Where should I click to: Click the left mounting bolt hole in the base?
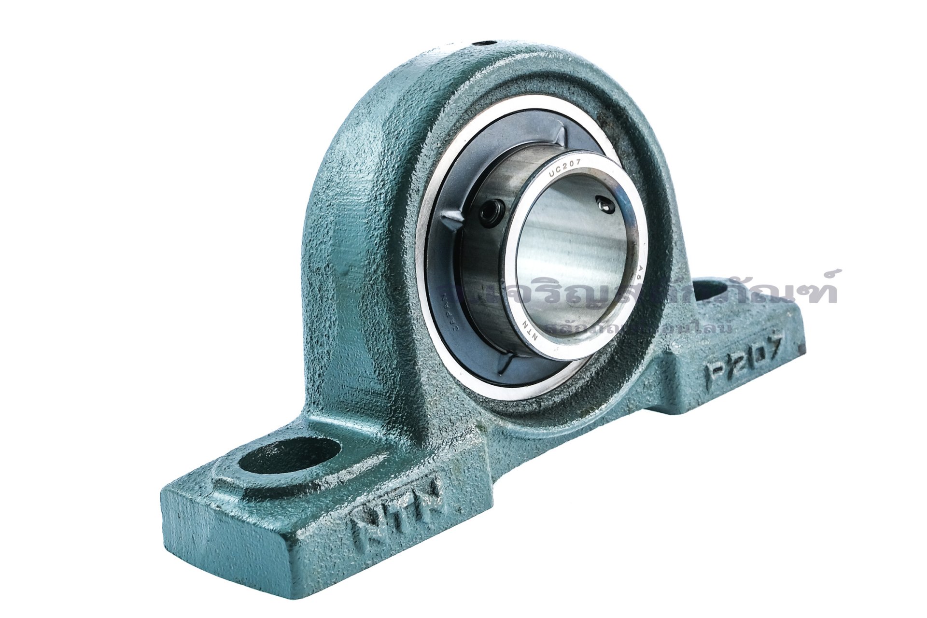pyautogui.click(x=289, y=454)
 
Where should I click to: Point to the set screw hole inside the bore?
pyautogui.click(x=605, y=205)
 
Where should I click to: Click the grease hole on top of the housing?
pyautogui.click(x=485, y=43)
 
